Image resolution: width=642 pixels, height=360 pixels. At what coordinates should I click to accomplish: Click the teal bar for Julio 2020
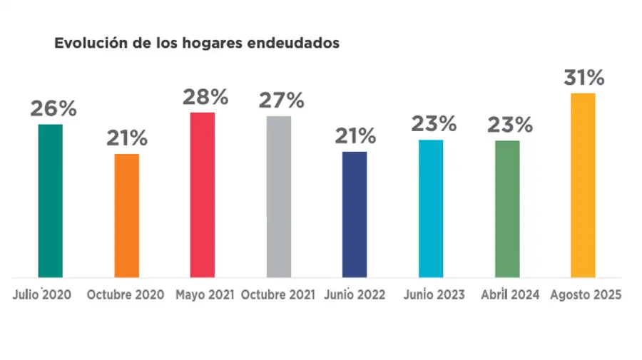50,200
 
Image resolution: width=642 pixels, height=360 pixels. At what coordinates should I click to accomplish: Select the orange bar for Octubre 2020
127,215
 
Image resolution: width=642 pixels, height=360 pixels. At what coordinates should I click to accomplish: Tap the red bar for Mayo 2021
203,195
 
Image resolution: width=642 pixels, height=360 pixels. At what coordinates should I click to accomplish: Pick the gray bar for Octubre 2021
279,196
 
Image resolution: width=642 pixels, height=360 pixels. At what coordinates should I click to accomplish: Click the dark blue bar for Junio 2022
355,214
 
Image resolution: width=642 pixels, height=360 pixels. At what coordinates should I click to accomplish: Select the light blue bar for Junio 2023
431,208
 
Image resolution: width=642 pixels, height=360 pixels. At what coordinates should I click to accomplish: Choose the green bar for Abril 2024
507,208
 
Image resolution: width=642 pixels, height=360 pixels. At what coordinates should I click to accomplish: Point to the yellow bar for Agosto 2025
583,185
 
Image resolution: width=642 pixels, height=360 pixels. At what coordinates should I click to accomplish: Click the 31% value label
584,78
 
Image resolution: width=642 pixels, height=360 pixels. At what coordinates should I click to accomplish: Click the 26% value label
53,109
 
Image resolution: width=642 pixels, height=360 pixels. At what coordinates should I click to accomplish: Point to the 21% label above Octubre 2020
127,138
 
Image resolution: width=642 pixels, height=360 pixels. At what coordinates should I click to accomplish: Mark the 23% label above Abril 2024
509,125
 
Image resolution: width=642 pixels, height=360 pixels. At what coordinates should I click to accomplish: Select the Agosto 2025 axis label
586,294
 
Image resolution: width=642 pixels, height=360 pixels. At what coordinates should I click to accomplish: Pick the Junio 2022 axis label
355,294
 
